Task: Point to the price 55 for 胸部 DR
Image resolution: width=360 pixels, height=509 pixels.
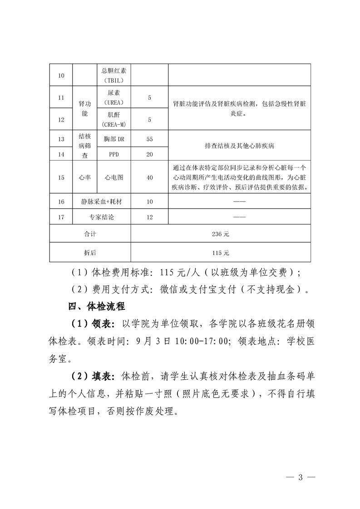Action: point(149,139)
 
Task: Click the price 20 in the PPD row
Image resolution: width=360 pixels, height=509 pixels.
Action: point(149,154)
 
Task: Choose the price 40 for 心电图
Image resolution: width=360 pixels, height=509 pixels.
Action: point(149,178)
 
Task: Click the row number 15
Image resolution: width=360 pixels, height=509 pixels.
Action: point(61,178)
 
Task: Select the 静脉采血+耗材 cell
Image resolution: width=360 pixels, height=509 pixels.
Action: point(102,201)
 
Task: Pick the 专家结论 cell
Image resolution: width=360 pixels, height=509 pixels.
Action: point(102,217)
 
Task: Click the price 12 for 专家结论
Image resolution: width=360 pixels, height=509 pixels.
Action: point(149,217)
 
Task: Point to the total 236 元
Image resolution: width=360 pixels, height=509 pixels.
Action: point(221,234)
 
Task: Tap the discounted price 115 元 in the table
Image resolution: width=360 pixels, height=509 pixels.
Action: point(221,252)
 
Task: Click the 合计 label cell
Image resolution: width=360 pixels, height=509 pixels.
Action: point(90,234)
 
